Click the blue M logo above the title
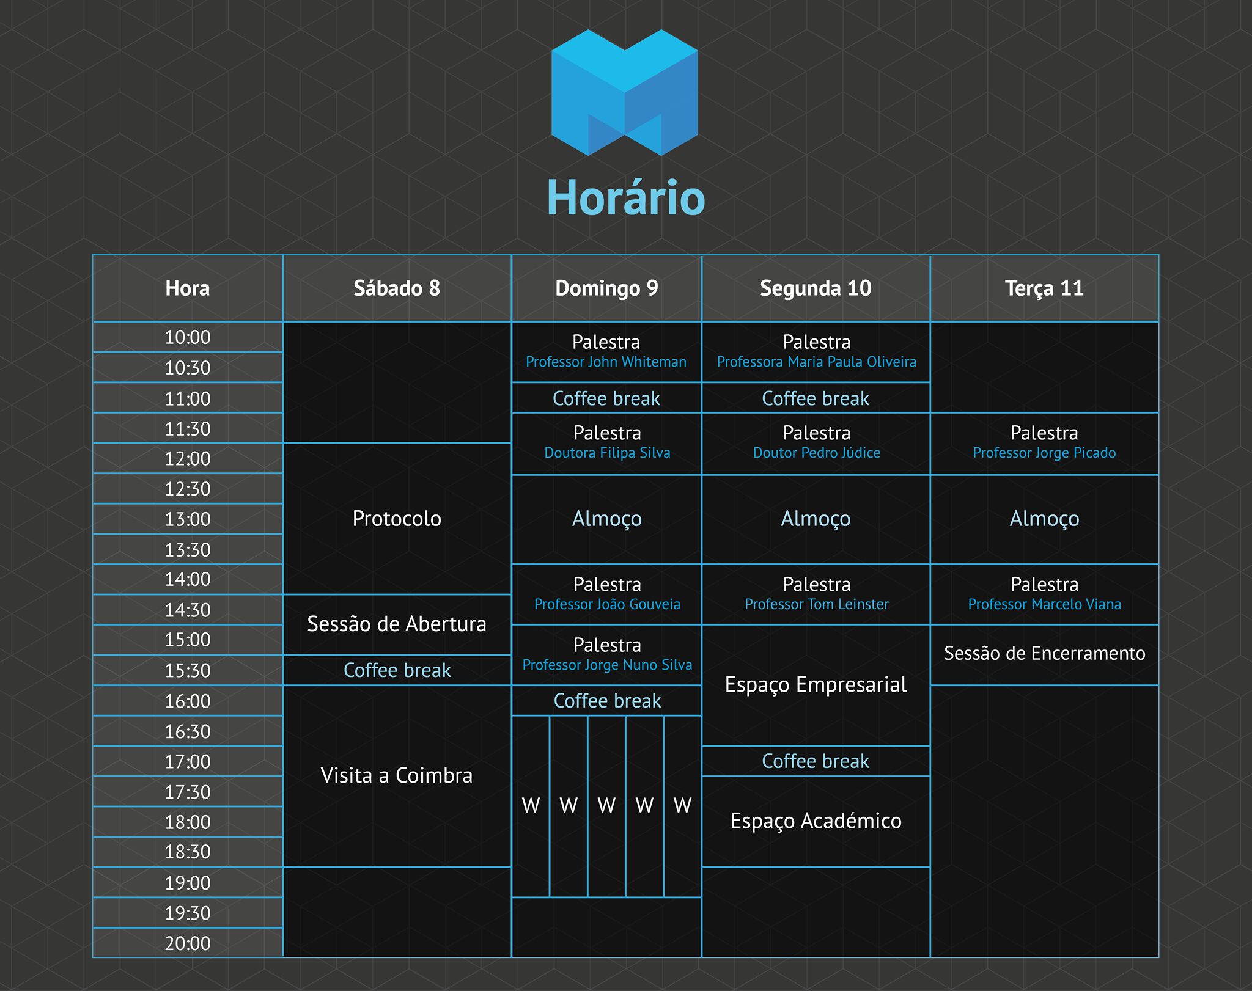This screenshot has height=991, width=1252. point(625,92)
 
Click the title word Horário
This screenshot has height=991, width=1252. point(626,197)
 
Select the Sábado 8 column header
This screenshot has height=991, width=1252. point(397,288)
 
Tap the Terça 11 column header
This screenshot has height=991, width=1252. point(1044,288)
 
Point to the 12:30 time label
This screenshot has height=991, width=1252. point(188,489)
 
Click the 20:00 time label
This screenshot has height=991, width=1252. point(188,943)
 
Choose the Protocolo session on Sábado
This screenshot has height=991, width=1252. point(397,519)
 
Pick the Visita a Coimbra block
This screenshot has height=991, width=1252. point(397,775)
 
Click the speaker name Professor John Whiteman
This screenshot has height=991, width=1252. point(606,362)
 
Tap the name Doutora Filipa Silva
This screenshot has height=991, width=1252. point(607,453)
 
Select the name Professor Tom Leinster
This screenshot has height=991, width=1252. point(816,604)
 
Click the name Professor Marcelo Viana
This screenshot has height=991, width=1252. point(1044,604)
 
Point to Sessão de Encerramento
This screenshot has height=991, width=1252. point(1044,653)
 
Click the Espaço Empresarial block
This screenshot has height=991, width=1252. point(816,685)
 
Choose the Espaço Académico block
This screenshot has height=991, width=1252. point(816,821)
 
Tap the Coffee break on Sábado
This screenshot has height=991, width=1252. point(397,670)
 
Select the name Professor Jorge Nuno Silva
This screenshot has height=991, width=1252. point(607,665)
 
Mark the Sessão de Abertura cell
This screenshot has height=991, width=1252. point(397,624)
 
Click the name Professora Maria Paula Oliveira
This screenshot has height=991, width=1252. point(816,362)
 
